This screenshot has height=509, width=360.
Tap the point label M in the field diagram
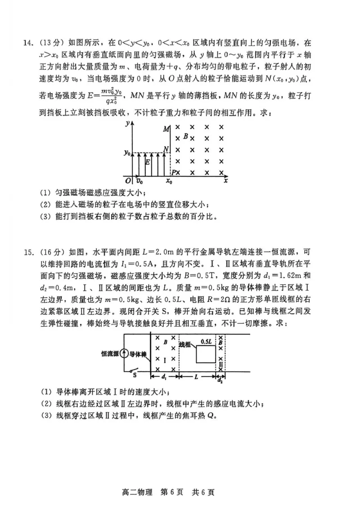166,129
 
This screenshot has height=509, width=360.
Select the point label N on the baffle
166,149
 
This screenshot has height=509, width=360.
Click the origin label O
128,181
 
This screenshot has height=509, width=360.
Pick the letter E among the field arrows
148,163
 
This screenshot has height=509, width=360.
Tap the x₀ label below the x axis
169,182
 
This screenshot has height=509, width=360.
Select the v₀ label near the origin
139,182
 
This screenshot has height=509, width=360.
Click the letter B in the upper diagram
185,135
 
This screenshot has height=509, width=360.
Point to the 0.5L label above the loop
207,341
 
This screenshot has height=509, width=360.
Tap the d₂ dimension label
220,380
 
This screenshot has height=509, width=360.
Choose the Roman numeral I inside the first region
165,360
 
